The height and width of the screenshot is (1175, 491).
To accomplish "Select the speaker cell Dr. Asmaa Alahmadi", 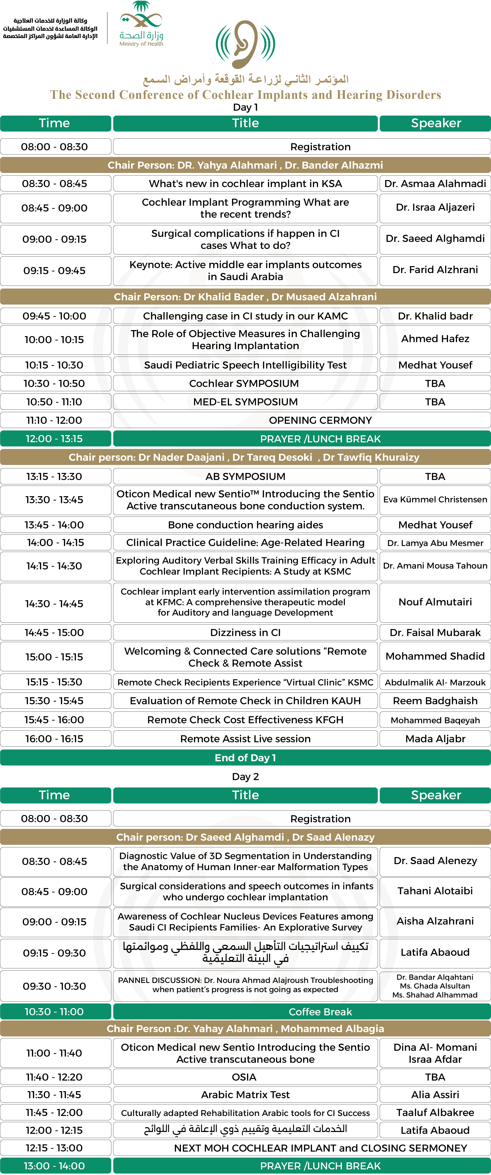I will (x=435, y=183).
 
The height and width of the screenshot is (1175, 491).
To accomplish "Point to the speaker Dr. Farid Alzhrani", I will (x=435, y=269).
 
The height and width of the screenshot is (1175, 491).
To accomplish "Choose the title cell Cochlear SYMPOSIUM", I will (x=245, y=383).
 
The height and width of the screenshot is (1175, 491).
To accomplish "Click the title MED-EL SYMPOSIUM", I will (x=245, y=402).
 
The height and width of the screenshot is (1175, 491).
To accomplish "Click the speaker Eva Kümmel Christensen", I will (x=435, y=499).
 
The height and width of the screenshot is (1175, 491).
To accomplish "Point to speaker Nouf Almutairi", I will (x=435, y=602).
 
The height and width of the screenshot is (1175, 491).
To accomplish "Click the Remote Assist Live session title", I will (x=245, y=738).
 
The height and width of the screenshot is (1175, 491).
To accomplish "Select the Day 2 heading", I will (x=245, y=776).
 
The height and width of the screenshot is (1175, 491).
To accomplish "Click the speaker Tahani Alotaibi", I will (x=435, y=891).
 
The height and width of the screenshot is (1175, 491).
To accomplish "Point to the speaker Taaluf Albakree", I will (x=435, y=1113).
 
